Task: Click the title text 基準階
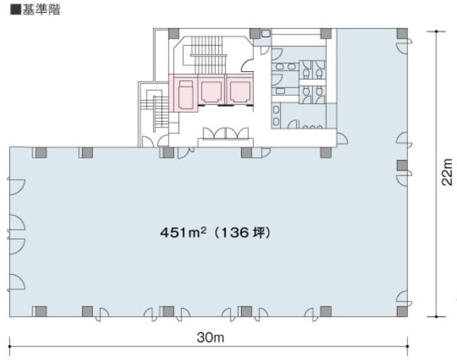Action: [x=41, y=10]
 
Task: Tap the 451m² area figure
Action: [x=183, y=232]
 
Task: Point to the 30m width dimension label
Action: [x=210, y=337]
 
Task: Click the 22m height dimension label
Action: [x=447, y=172]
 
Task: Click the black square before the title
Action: [x=16, y=10]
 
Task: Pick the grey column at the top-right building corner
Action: [x=402, y=34]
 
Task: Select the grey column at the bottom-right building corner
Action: [x=402, y=311]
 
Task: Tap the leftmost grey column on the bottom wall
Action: [x=41, y=311]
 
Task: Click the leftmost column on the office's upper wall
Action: [x=41, y=152]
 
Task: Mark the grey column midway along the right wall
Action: [x=402, y=166]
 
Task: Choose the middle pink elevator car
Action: [x=211, y=92]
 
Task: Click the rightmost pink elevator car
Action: [x=239, y=92]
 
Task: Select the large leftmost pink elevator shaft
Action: [x=184, y=93]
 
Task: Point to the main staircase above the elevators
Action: [x=209, y=55]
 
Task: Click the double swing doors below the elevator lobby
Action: [x=226, y=133]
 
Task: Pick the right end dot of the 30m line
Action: [x=407, y=347]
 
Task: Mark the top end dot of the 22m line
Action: [x=436, y=31]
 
